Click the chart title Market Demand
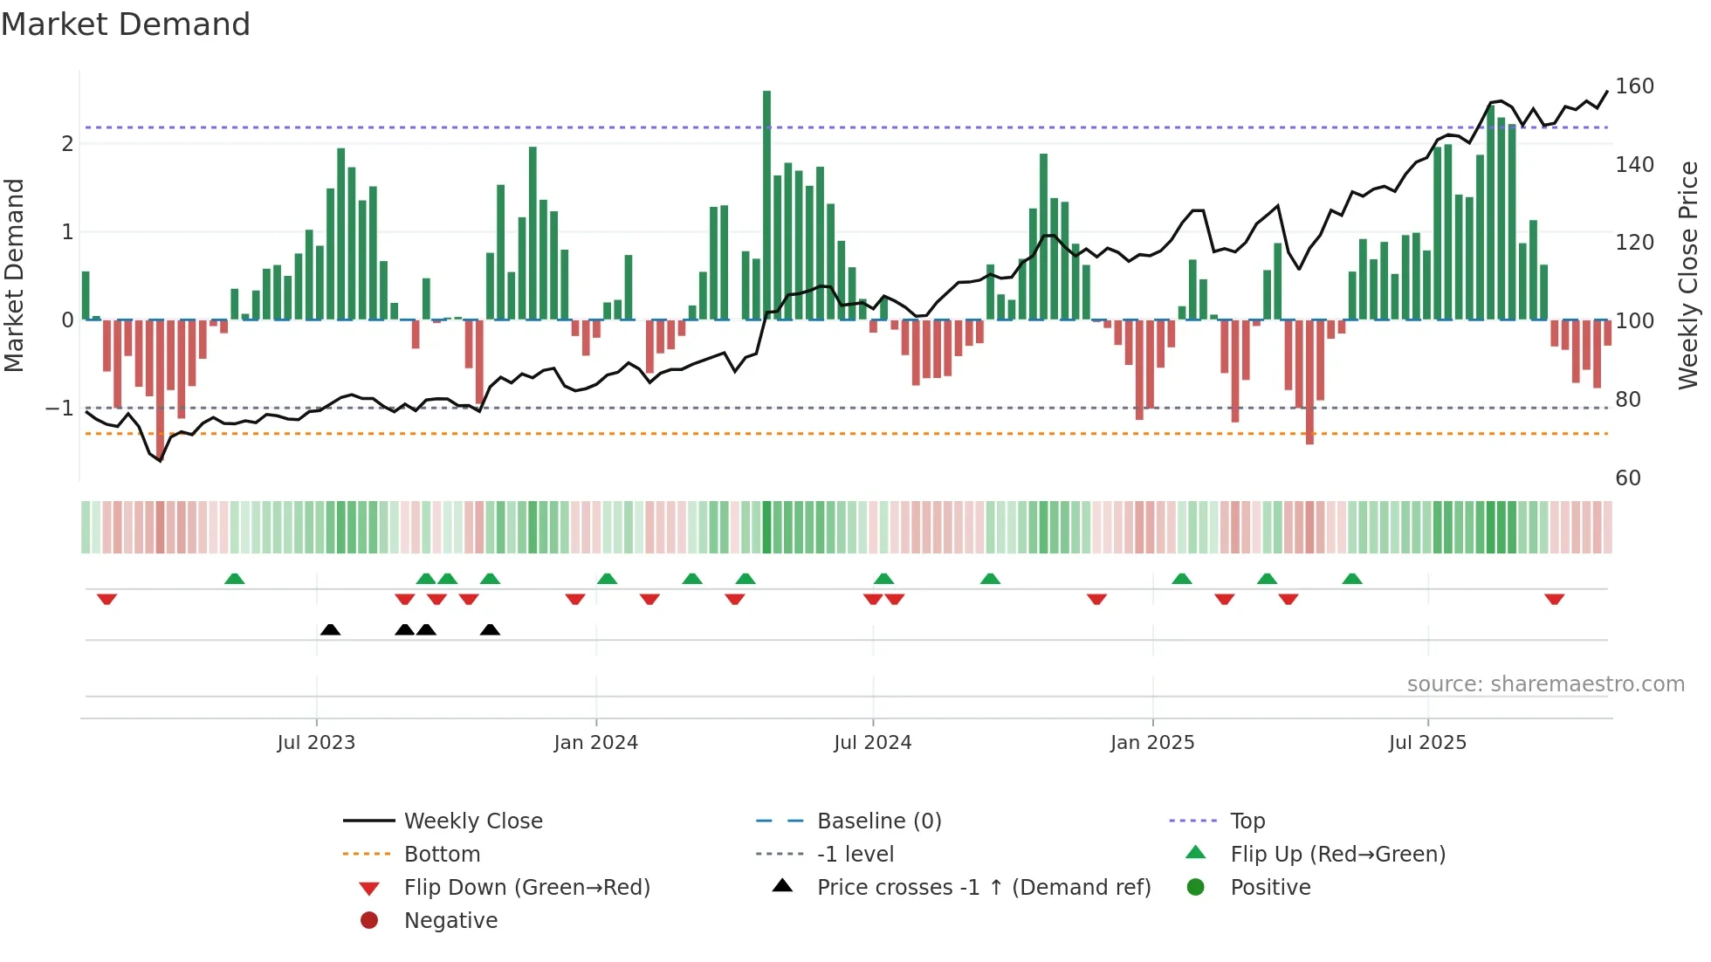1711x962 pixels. click(x=126, y=24)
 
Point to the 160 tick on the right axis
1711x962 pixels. click(x=1634, y=86)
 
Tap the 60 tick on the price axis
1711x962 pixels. click(x=1627, y=478)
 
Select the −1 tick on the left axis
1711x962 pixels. click(x=59, y=409)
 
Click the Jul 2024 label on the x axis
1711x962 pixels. click(x=872, y=743)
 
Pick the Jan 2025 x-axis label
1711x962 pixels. click(x=1151, y=743)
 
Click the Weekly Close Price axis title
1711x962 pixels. click(x=1688, y=275)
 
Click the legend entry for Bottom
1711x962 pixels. click(x=442, y=855)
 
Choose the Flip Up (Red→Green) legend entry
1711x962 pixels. click(x=1337, y=855)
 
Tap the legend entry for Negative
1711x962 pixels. click(x=450, y=921)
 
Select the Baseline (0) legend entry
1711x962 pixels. click(x=879, y=821)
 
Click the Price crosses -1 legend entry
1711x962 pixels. click(x=984, y=888)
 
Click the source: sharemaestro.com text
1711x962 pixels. click(x=1545, y=684)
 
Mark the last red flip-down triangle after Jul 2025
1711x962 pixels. click(x=1554, y=599)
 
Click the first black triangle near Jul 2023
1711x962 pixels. click(x=330, y=629)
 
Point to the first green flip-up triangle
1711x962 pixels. click(x=234, y=579)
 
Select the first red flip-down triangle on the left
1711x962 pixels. click(x=107, y=599)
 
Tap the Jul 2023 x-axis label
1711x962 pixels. click(x=316, y=743)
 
